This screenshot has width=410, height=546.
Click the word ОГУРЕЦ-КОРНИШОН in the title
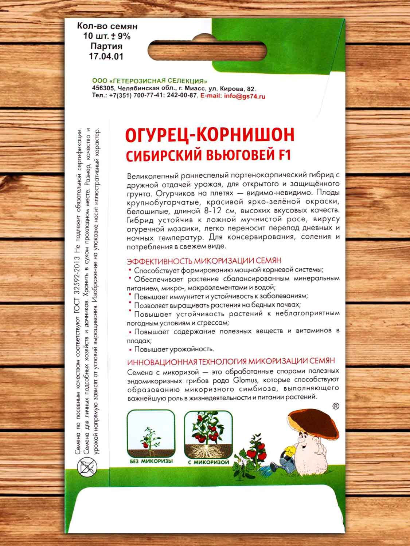209,135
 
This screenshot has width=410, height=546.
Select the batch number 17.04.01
106,56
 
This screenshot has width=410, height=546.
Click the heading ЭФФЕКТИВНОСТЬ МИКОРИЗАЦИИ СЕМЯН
204,261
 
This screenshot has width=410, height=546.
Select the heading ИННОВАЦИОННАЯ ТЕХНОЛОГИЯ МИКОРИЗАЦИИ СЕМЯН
231,361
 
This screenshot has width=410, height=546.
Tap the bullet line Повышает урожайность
174,349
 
